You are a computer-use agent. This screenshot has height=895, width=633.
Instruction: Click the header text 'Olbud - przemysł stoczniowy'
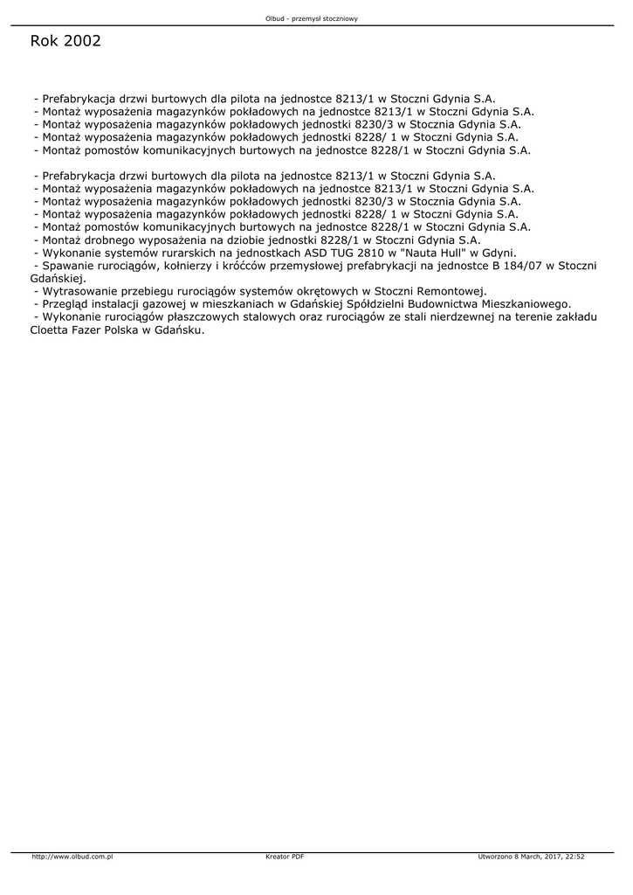pos(317,18)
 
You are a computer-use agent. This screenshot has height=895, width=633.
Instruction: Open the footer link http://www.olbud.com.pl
pos(72,857)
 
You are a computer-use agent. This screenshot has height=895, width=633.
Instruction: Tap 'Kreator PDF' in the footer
pos(285,857)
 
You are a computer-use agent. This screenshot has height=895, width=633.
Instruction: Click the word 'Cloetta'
pos(54,331)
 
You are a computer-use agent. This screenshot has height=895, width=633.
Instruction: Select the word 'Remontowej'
pos(453,291)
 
